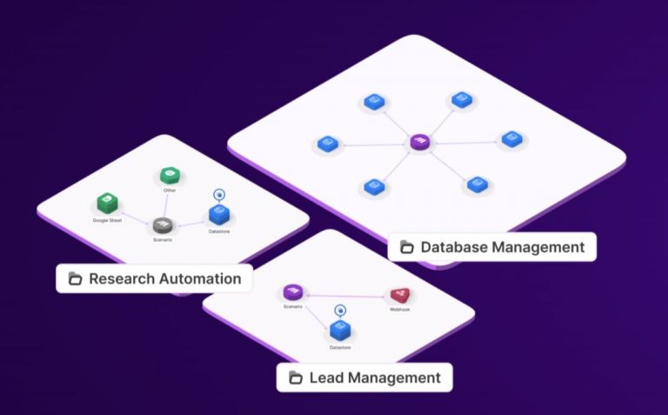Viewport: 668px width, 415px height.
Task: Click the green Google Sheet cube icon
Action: (x=106, y=204)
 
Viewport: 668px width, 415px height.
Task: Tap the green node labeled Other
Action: (x=170, y=177)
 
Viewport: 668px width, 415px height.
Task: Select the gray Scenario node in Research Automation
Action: (x=162, y=226)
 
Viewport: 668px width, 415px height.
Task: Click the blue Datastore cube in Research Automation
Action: (x=218, y=214)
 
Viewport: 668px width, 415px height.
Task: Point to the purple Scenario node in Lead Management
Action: (x=292, y=293)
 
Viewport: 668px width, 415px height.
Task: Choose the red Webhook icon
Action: (x=400, y=296)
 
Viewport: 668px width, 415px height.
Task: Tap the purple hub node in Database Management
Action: (x=420, y=142)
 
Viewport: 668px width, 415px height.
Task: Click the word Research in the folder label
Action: (x=121, y=279)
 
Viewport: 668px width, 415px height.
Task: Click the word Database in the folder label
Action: (x=455, y=247)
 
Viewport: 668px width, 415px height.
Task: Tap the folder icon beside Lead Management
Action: (x=296, y=378)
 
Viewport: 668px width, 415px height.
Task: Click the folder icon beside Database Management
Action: (x=406, y=247)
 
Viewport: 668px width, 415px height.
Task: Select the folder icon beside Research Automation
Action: (x=75, y=279)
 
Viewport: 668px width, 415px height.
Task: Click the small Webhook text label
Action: (x=399, y=310)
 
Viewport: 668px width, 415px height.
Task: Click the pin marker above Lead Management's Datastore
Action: (x=339, y=310)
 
